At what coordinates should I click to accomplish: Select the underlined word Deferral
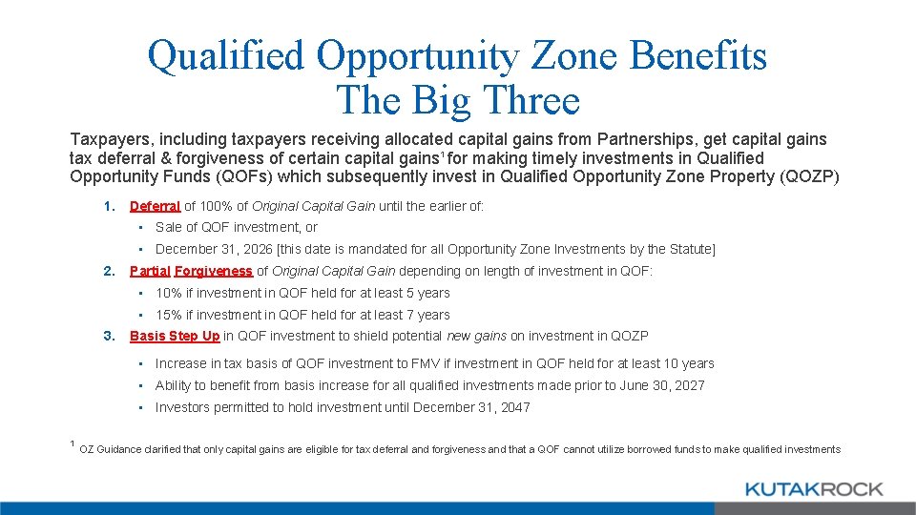click(x=155, y=205)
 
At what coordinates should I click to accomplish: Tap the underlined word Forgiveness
click(x=214, y=271)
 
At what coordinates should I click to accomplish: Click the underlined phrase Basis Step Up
click(x=175, y=336)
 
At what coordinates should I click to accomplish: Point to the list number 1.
click(x=110, y=205)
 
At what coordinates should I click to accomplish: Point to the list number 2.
click(x=110, y=271)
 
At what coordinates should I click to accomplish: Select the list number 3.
click(x=110, y=336)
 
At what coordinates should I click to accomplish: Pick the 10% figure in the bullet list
click(x=168, y=293)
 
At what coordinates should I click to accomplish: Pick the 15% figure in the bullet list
click(x=168, y=315)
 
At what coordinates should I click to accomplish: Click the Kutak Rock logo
click(x=813, y=489)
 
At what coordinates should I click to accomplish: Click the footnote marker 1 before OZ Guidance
click(x=73, y=443)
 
